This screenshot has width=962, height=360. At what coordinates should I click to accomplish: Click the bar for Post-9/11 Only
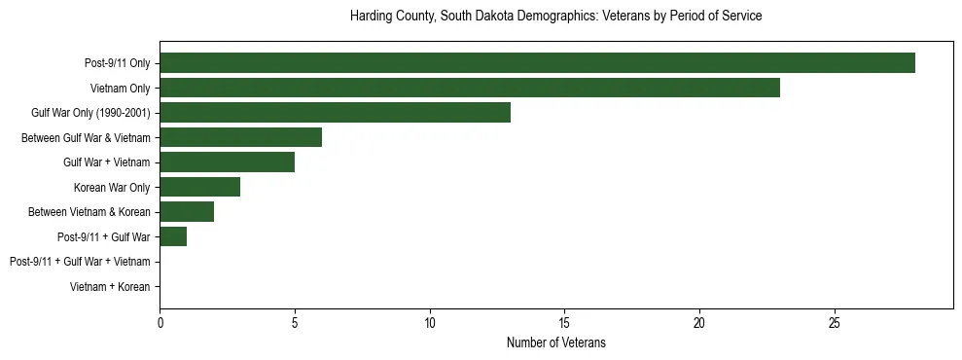click(537, 63)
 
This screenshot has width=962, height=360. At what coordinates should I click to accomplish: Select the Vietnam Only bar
click(470, 88)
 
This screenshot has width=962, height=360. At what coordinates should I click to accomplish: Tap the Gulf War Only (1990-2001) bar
click(335, 113)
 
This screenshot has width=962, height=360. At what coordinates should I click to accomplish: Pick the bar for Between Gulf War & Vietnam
click(240, 137)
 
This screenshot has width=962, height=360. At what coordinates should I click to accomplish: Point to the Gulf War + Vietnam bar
click(227, 162)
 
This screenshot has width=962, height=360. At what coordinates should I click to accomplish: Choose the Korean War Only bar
click(199, 187)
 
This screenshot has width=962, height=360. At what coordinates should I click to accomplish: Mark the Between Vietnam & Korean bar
click(187, 212)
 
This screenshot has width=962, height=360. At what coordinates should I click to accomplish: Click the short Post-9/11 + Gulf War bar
click(173, 236)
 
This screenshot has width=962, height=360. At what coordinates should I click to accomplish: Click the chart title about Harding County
click(555, 17)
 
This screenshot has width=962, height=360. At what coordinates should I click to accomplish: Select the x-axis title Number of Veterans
click(555, 342)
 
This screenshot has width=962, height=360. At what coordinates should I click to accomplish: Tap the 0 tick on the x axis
click(160, 322)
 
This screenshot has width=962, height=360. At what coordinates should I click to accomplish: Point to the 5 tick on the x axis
click(295, 322)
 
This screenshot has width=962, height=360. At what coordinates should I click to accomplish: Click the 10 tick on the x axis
click(429, 322)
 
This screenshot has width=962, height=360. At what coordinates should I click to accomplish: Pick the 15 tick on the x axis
click(564, 322)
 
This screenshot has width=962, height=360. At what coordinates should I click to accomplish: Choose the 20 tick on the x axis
click(699, 322)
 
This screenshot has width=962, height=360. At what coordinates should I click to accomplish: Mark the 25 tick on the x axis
click(834, 322)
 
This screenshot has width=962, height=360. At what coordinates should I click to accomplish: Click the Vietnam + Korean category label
click(110, 287)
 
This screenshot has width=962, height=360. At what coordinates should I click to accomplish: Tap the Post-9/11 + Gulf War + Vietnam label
click(80, 262)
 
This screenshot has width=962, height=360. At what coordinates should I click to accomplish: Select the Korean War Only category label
click(112, 187)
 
